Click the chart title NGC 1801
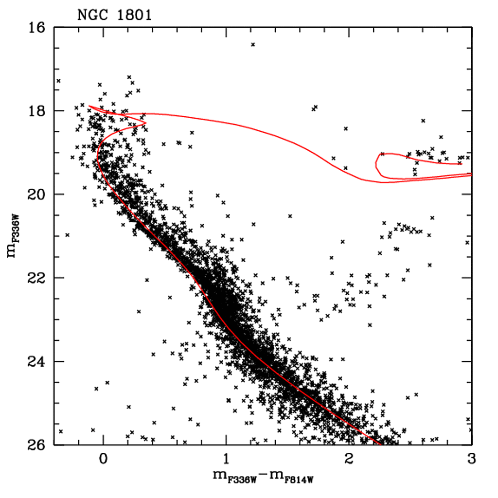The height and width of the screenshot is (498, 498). (x=114, y=15)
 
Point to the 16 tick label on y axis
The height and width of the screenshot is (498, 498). (x=36, y=28)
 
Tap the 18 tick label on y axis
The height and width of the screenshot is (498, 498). (x=36, y=111)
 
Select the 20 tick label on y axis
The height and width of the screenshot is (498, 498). (x=36, y=195)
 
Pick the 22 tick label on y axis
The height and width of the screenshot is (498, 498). (x=36, y=278)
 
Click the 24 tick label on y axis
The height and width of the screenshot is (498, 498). (x=36, y=362)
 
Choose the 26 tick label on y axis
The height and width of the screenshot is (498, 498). (x=36, y=445)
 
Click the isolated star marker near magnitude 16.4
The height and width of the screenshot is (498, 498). (x=253, y=45)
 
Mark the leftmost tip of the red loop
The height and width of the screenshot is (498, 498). (x=375, y=164)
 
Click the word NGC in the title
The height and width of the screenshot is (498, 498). (x=90, y=15)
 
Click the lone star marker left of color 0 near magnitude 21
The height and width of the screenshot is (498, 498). (x=68, y=235)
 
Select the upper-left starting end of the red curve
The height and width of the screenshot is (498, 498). (x=89, y=106)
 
